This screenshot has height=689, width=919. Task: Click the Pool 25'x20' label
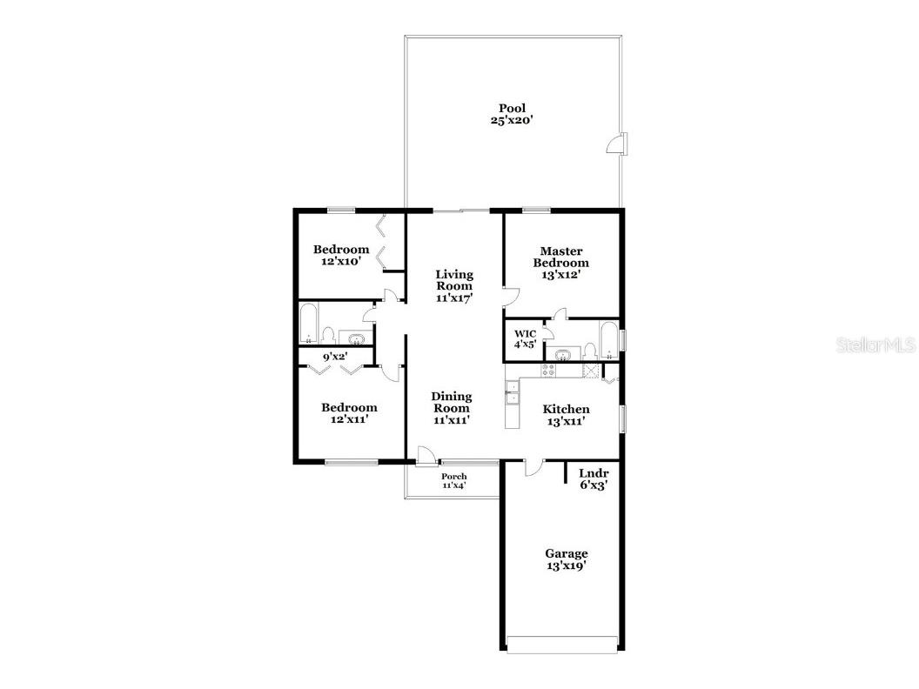(512, 115)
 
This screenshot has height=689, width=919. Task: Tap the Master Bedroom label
(560, 262)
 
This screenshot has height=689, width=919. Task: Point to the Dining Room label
(452, 408)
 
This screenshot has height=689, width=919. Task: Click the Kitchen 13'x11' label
(566, 415)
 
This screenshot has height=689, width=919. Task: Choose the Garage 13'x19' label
(566, 559)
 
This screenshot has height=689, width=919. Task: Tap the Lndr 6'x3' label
(593, 479)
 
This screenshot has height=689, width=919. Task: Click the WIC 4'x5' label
(525, 338)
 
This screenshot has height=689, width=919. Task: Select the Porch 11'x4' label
(453, 481)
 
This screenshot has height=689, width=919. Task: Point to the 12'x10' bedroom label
(341, 256)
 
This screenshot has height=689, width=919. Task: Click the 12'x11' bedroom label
(349, 413)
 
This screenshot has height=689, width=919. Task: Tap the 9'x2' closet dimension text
(335, 356)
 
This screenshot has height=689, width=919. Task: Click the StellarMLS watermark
(875, 345)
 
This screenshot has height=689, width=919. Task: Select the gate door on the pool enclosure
(618, 144)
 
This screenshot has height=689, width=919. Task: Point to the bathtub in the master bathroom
(609, 340)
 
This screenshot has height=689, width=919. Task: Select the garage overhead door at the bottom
(563, 645)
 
